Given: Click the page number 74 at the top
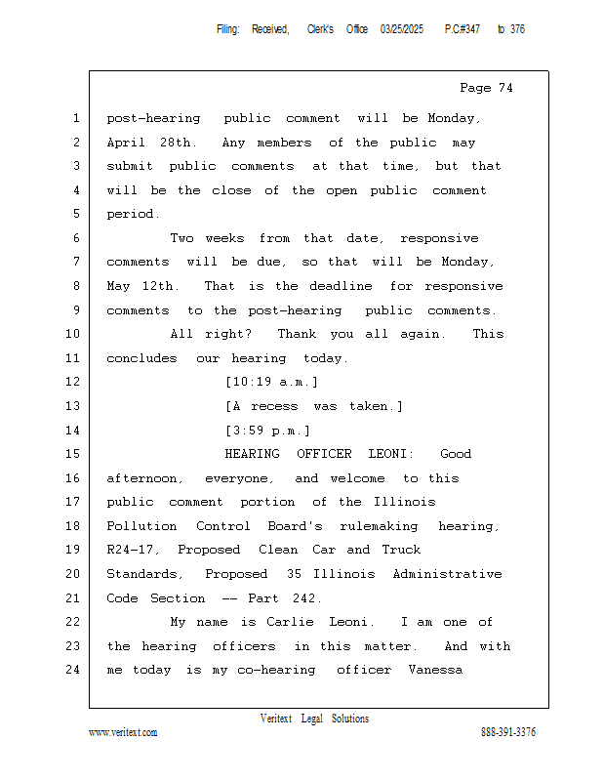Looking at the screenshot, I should coord(504,88).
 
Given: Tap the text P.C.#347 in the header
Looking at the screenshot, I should coord(462,29).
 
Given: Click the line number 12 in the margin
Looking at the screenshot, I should coord(74,382).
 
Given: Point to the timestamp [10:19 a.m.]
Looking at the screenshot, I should coord(271,382).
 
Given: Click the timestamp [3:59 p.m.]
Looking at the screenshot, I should coord(267,430).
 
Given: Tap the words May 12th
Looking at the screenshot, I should coord(141,286).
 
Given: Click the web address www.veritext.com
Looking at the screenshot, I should coord(123,732).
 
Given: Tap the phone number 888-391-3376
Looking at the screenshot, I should coord(507,732).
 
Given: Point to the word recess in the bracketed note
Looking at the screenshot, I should coord(274,406).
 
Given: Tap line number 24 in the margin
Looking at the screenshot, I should coord(74,670).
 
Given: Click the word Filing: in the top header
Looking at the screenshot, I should coord(227,29).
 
